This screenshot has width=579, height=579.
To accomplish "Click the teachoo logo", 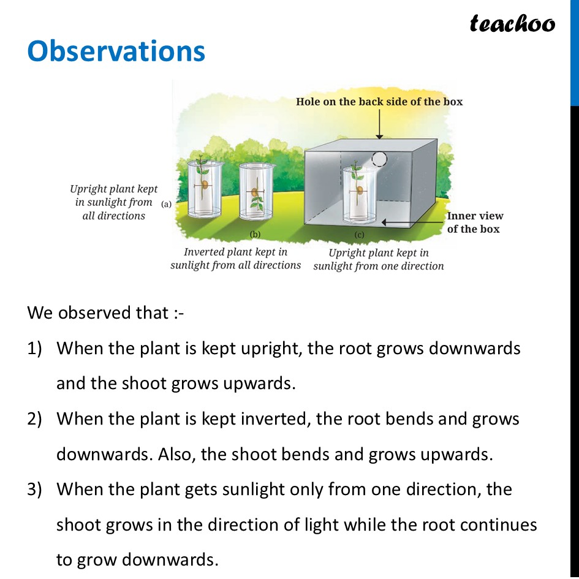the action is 512,24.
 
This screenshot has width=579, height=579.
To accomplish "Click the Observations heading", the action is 116,51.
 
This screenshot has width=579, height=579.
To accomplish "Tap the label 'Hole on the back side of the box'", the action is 379,101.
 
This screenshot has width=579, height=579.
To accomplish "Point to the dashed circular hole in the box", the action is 380,159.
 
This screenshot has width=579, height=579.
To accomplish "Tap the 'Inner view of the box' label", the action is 475,222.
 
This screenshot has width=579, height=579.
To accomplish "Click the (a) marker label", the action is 166,205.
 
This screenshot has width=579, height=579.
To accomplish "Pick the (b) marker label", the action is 255,233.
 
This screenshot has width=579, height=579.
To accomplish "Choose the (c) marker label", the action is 359,234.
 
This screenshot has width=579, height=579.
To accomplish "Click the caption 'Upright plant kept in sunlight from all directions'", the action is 113,202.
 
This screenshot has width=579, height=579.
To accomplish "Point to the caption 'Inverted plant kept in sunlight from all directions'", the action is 236,259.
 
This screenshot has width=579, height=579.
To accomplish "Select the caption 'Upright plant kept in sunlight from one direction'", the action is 379,259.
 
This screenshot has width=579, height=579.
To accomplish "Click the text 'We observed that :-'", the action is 105,313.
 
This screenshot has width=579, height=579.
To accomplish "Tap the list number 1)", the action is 34,349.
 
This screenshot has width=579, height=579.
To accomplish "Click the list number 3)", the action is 34,490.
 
